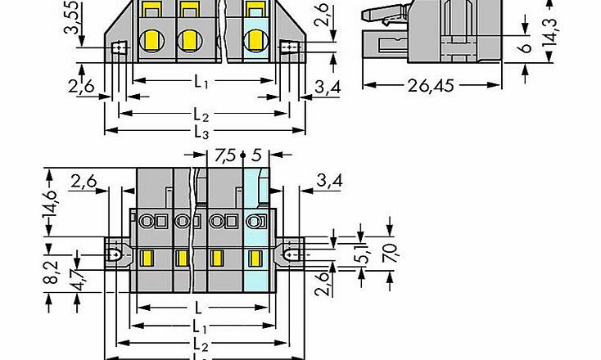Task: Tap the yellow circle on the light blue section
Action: coord(255,38)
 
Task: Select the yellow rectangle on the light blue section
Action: coord(255,259)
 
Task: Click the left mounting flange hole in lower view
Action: coord(115,255)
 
